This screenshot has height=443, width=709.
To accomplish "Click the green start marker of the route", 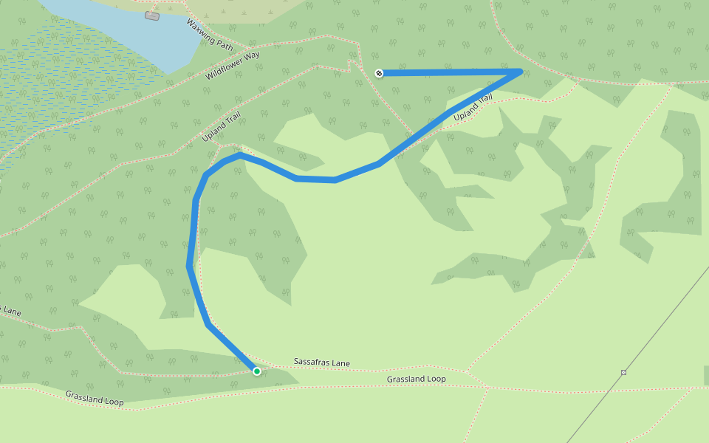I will pyautogui.click(x=257, y=371).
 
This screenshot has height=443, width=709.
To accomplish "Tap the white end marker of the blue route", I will pyautogui.click(x=379, y=73).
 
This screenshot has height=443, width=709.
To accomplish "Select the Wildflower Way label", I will pyautogui.click(x=233, y=62).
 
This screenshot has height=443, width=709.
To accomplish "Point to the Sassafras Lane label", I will pyautogui.click(x=322, y=363).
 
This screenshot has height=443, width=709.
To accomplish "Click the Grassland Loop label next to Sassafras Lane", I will pyautogui.click(x=417, y=379).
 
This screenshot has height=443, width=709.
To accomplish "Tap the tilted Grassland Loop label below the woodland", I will pyautogui.click(x=95, y=399).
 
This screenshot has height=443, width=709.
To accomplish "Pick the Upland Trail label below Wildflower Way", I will pyautogui.click(x=222, y=127).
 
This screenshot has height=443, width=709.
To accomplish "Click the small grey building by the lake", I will pyautogui.click(x=152, y=16).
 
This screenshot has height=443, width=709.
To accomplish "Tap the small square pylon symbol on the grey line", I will pyautogui.click(x=623, y=372).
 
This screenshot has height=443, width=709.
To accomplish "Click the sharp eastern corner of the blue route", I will pyautogui.click(x=521, y=72).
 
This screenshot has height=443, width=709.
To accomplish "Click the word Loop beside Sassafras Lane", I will pyautogui.click(x=435, y=379).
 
